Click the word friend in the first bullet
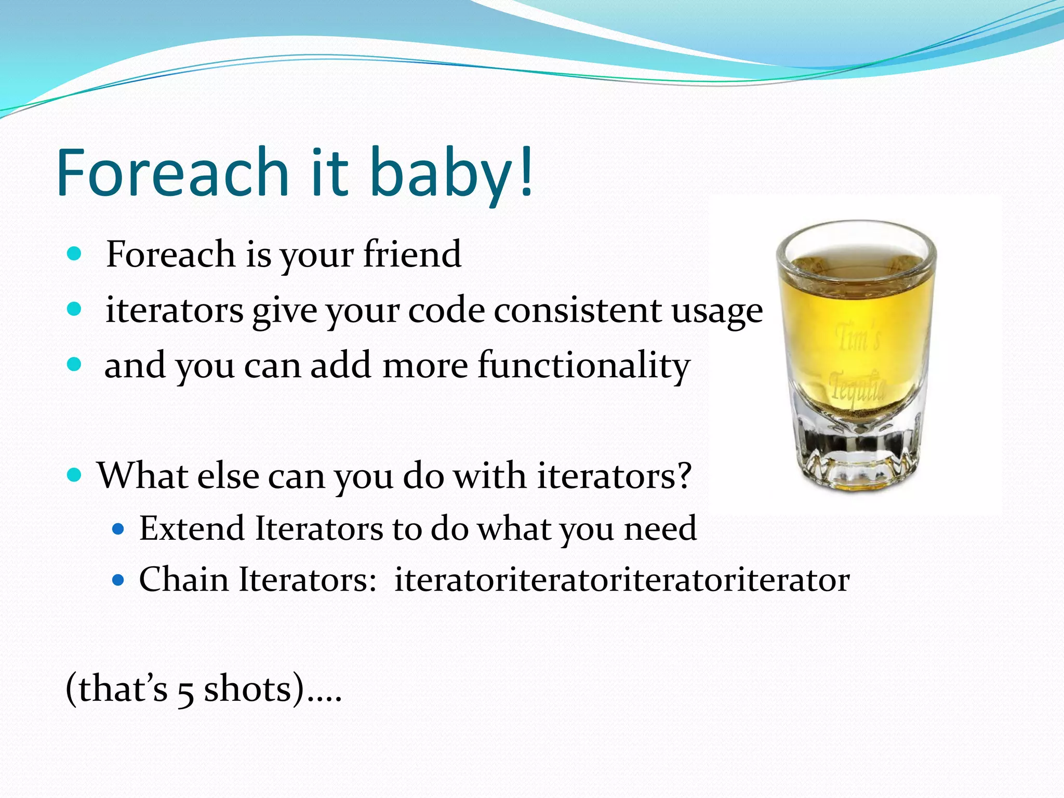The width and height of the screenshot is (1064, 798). (x=412, y=254)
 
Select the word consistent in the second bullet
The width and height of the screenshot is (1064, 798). (x=577, y=310)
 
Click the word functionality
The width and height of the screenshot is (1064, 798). (x=583, y=366)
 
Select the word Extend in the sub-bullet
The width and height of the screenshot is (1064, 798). (x=192, y=528)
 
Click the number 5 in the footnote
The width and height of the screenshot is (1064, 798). (x=185, y=691)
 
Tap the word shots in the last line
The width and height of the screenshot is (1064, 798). (x=248, y=689)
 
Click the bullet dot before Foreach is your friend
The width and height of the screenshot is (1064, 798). (x=75, y=254)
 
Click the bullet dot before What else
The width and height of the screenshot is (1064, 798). (x=75, y=475)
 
